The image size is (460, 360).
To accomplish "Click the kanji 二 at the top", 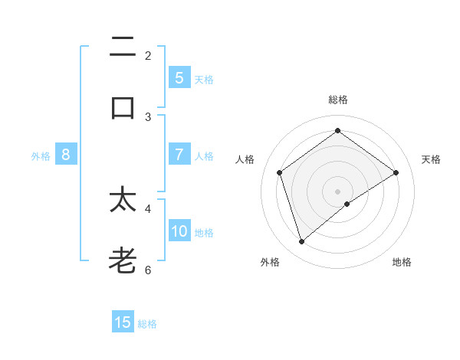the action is coord(123,47).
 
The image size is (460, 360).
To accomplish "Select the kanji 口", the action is coord(123,107).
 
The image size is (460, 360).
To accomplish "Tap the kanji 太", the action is coord(123,200).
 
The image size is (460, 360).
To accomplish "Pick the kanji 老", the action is coord(123,260).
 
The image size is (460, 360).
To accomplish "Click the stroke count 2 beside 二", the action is coord(148,55).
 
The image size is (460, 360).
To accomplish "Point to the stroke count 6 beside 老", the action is coord(148,270).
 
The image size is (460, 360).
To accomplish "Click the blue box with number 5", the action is coord(179,78).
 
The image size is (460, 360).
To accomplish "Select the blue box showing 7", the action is coord(179,155).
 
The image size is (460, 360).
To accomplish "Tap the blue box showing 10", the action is coord(179,231).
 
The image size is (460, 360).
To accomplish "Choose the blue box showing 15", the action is coord(123,322).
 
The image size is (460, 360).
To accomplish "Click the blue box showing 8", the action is coord(66,155).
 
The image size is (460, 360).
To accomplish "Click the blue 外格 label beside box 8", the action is coord(41,156).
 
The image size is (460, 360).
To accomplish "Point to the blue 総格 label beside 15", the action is coord(147,324).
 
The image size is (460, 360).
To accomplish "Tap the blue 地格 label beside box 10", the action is coord(204,233).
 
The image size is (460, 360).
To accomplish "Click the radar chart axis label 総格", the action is coord(337,100).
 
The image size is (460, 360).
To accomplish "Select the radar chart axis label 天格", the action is coord(431,159).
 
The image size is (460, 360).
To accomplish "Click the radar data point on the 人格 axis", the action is coord(280,172).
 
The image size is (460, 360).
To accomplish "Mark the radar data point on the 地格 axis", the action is coord(347,204).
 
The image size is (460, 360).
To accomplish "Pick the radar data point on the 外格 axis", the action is coord(302,242).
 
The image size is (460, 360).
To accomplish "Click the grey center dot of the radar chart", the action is coord(337,191).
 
